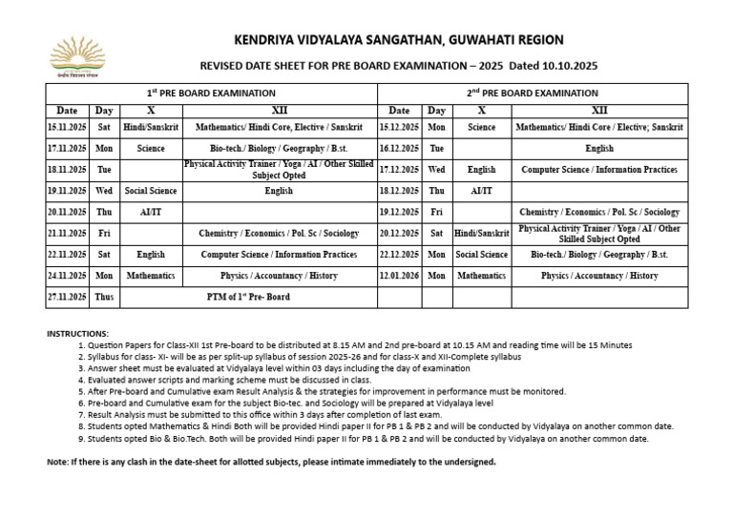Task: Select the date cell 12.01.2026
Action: (x=399, y=276)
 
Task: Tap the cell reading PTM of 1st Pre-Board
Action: (x=248, y=297)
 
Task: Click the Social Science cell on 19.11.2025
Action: (x=151, y=191)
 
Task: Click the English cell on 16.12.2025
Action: (x=599, y=149)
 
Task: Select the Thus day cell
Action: (x=104, y=297)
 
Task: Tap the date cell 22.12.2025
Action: (x=399, y=255)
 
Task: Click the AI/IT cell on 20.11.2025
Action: (x=151, y=212)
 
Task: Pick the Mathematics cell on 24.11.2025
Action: (x=151, y=276)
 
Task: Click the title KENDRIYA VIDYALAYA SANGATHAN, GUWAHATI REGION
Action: (x=399, y=40)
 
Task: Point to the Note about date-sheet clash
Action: (x=271, y=462)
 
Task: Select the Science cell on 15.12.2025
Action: (x=481, y=127)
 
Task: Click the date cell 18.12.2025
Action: (x=399, y=191)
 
